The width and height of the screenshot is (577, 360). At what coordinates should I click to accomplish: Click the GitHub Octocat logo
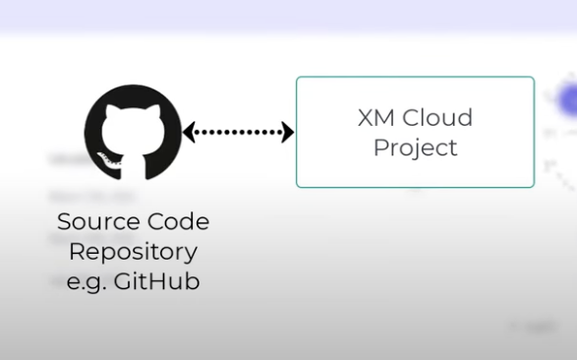[x=134, y=132]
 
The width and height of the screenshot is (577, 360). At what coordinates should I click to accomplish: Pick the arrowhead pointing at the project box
[x=288, y=132]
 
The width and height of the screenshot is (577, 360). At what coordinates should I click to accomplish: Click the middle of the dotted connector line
[x=239, y=132]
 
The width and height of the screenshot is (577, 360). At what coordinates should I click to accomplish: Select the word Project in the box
[x=415, y=149]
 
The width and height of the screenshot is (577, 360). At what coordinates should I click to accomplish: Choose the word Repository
[x=134, y=251]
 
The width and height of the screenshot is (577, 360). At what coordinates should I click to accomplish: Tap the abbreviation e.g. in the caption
[x=87, y=281]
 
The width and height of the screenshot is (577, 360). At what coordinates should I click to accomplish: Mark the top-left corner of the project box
[x=298, y=78]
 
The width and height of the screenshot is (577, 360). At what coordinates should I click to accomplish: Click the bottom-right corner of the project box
[x=533, y=186]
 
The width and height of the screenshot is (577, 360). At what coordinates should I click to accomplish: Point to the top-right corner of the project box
[x=533, y=78]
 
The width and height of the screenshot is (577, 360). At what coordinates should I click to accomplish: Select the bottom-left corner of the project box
[x=298, y=186]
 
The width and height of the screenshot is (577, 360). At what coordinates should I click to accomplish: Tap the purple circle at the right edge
[x=568, y=101]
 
